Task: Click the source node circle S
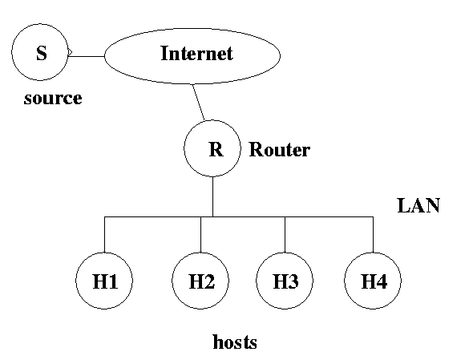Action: [40, 52]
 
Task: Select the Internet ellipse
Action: [192, 56]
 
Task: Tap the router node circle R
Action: [212, 148]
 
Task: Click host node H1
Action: [104, 281]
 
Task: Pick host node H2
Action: [200, 281]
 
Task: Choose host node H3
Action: [285, 281]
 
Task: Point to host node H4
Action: [373, 281]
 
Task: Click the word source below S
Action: [53, 99]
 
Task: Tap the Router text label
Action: [280, 149]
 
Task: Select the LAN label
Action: [418, 205]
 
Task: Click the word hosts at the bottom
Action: [235, 342]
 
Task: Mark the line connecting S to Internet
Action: [87, 56]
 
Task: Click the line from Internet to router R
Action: [199, 103]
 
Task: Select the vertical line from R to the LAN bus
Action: [212, 196]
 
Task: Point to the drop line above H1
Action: [104, 234]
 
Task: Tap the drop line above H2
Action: [200, 234]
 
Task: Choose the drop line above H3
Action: [285, 234]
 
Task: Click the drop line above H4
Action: [373, 234]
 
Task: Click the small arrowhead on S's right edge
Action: [71, 52]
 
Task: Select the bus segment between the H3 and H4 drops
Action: [329, 216]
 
